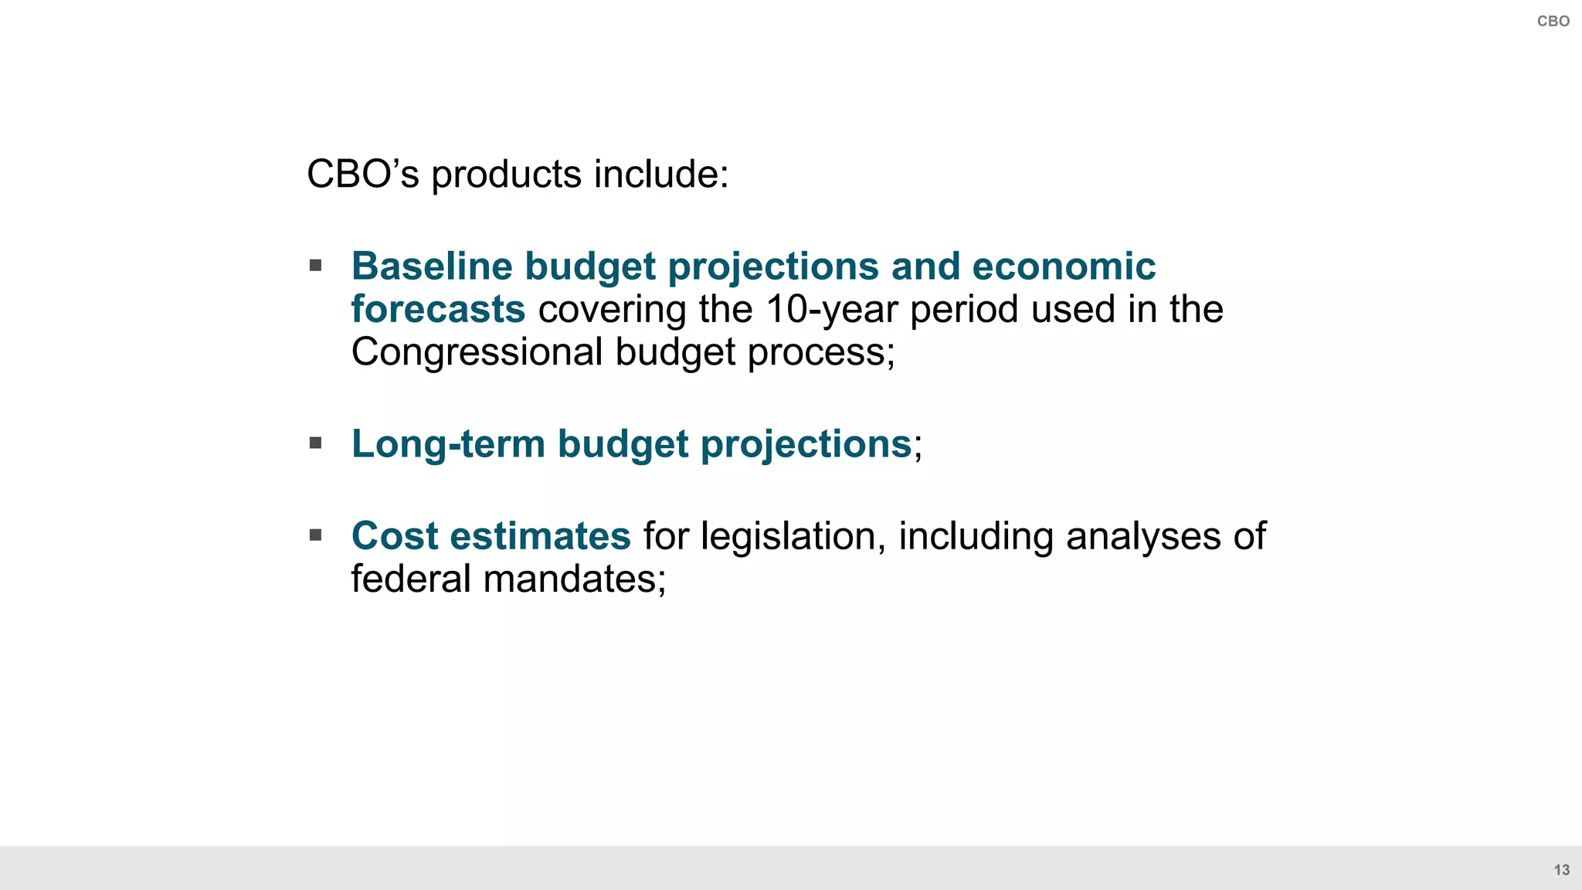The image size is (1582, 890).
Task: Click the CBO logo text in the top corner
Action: click(1553, 22)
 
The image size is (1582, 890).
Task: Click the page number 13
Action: click(1561, 870)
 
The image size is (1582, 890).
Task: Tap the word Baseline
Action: click(431, 267)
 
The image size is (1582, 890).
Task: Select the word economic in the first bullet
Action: click(1063, 267)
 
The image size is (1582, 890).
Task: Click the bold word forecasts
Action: click(438, 309)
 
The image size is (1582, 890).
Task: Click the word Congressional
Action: click(477, 352)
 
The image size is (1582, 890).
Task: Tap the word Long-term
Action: click(448, 444)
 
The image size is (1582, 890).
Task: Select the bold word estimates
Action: click(540, 536)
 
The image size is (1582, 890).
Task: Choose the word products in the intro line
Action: click(506, 175)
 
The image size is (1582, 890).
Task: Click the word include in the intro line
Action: click(660, 175)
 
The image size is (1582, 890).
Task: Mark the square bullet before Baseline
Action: click(315, 266)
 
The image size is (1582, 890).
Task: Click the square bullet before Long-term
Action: click(315, 443)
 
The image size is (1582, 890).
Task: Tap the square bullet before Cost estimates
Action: click(315, 535)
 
